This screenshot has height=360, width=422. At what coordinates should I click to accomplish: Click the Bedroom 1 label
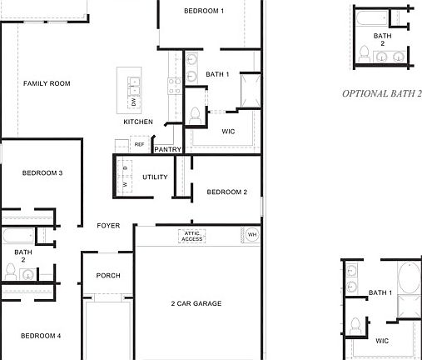click(204, 11)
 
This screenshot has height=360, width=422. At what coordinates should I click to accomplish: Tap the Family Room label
click(47, 83)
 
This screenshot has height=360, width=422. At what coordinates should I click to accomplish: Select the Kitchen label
click(138, 122)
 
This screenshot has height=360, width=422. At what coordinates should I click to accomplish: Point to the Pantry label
click(167, 149)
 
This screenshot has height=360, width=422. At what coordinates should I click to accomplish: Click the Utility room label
click(155, 177)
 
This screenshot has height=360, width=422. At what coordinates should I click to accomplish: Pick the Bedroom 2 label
click(227, 192)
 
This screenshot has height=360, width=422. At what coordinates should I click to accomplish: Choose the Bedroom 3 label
click(42, 172)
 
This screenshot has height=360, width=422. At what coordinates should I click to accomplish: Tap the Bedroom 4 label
click(41, 336)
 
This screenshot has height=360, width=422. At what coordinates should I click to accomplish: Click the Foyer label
click(108, 226)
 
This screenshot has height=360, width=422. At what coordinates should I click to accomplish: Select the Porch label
click(108, 276)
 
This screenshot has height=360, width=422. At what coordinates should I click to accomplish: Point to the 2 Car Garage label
click(196, 303)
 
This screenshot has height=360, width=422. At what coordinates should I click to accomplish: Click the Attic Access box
click(192, 237)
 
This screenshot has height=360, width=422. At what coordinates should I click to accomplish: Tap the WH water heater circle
click(252, 235)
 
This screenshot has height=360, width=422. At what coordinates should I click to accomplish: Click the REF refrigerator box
click(139, 145)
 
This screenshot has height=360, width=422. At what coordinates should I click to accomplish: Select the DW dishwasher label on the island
click(133, 102)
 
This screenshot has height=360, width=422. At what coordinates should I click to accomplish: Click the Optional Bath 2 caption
click(382, 94)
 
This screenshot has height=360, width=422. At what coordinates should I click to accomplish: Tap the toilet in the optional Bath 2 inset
click(364, 52)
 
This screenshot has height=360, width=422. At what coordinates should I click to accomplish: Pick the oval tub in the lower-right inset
click(409, 276)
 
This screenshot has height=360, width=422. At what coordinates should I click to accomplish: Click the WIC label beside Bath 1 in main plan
click(229, 132)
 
